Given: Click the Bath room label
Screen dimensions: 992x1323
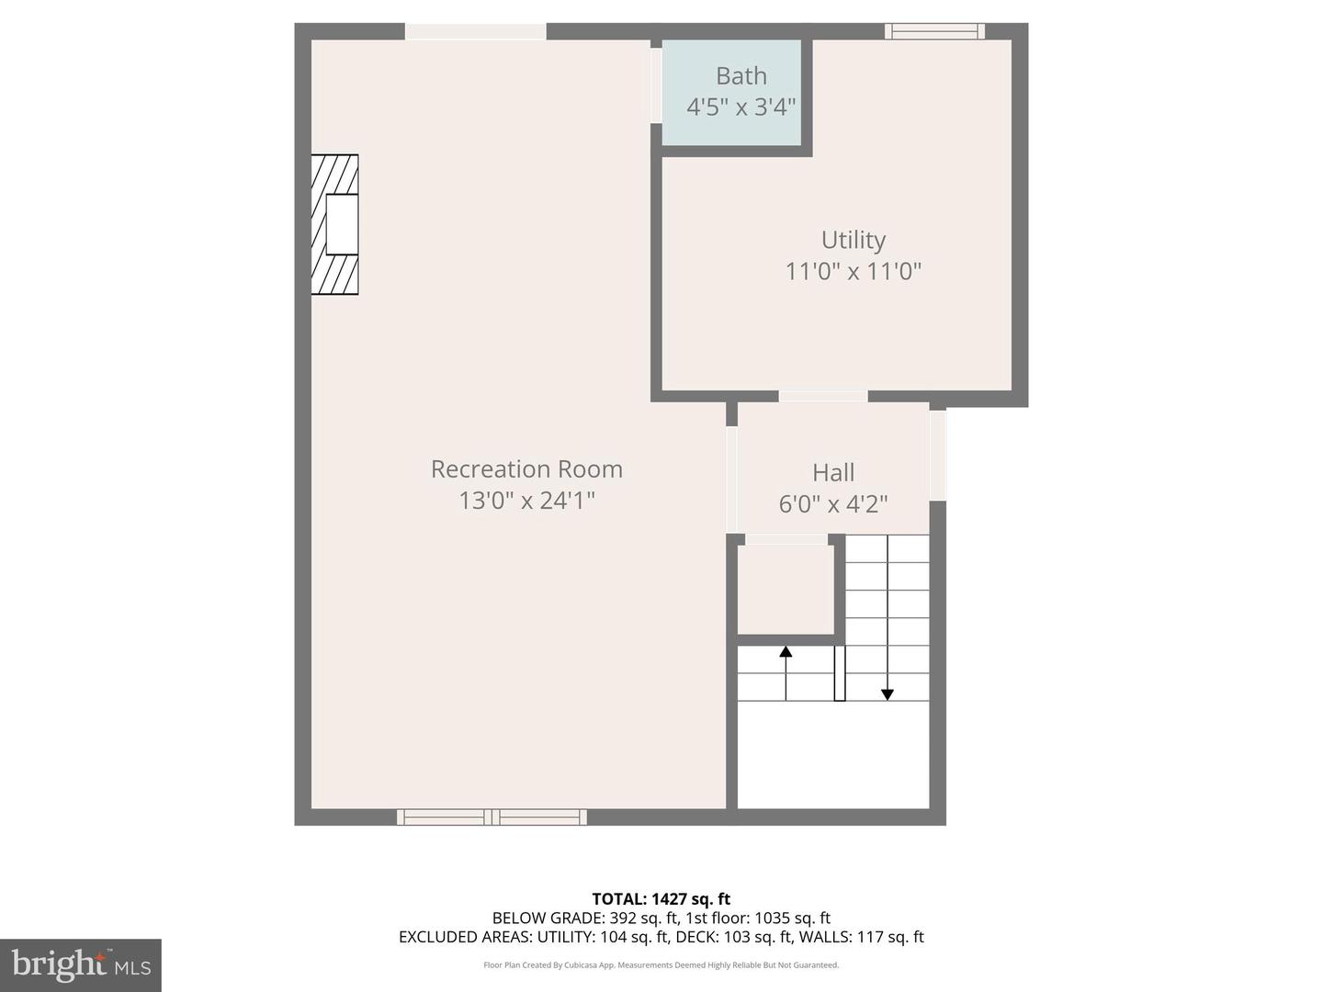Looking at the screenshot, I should point(741,76).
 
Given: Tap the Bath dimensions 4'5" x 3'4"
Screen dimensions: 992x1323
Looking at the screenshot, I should point(741,107).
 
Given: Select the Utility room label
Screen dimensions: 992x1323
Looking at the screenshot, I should point(853,240).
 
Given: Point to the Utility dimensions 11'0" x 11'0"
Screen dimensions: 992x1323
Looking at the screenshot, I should point(853,271).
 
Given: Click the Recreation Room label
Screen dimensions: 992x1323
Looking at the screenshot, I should point(526,469).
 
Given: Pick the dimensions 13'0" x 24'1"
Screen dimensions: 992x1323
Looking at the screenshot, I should point(526,501).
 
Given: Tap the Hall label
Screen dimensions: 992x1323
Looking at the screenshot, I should point(833,473).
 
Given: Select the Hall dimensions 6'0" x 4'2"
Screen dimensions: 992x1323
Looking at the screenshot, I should point(833,504).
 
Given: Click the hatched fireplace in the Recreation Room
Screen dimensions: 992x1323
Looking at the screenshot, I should point(334,225).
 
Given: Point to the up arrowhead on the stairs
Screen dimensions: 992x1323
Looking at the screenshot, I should point(786,652).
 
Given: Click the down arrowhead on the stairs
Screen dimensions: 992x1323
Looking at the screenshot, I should point(888,694).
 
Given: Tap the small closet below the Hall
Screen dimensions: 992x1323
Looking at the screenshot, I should point(786,589).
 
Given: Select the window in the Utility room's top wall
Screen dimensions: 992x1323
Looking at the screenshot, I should point(934,31).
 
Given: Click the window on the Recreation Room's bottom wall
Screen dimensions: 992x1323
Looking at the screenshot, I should point(492,817).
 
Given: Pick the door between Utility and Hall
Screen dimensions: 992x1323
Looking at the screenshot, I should point(823,396).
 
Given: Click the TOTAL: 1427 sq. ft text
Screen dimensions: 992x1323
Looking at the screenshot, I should point(661,899).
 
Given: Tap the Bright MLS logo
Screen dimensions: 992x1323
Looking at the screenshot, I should point(81,964).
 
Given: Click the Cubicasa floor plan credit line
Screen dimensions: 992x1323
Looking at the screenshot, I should point(661,965).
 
